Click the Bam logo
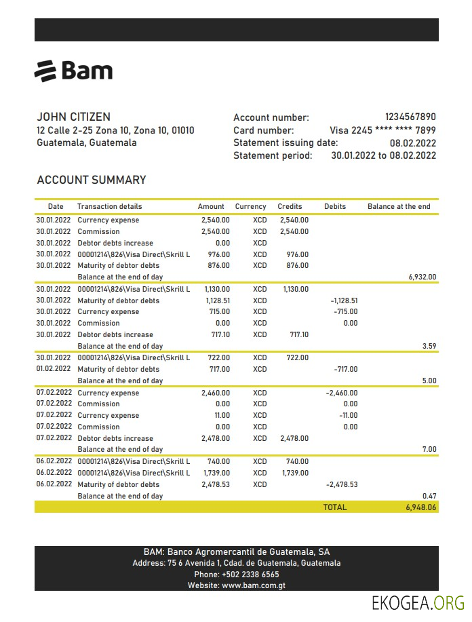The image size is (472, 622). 73,71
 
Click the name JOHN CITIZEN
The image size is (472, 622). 73,117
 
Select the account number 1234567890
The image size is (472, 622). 410,117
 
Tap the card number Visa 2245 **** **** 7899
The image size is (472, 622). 382,130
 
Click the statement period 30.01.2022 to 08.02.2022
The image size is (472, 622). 383,155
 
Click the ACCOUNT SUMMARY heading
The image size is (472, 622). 91,180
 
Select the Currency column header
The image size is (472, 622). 250,206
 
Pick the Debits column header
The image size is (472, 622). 335,206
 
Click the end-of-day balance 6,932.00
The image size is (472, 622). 422,277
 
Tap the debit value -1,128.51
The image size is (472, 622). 343,300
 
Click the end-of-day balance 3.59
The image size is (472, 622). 429,346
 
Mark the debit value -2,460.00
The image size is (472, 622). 342,393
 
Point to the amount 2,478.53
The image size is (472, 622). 216,484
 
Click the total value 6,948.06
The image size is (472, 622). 420,507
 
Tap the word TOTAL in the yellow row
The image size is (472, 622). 334,507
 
